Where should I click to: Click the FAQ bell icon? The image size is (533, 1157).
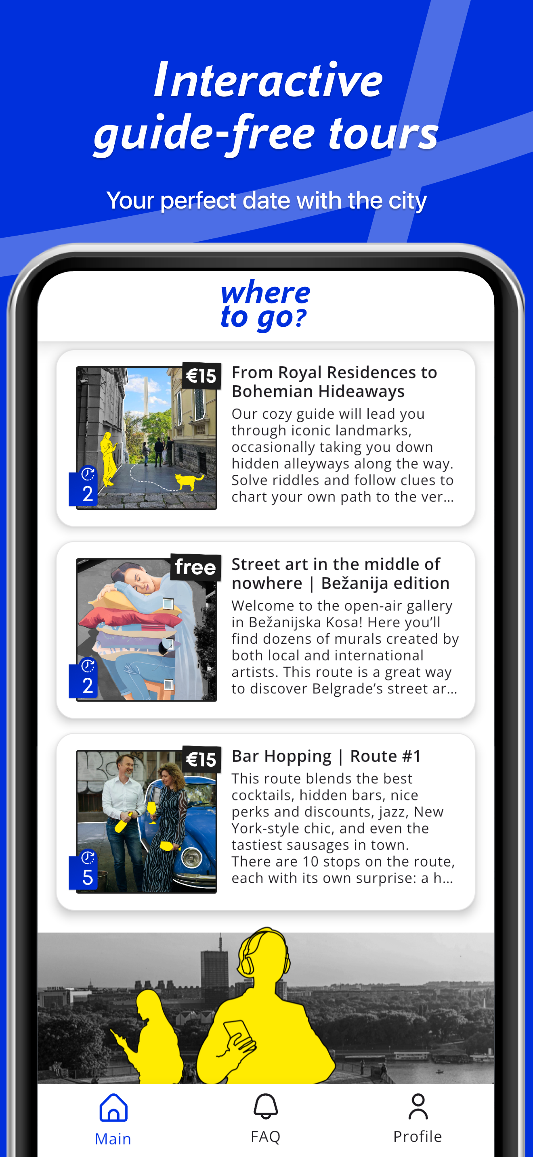266,1106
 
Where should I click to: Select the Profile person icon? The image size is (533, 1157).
418,1106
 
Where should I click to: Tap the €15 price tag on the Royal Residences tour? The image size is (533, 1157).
201,376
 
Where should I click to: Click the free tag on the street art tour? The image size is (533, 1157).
195,567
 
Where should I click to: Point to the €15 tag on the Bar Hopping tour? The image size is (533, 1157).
201,759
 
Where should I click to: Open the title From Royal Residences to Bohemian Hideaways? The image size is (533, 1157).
334,382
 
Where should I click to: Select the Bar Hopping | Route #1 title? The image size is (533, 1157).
326,756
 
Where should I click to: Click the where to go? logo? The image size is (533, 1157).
265,305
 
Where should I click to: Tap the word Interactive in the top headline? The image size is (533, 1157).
268,80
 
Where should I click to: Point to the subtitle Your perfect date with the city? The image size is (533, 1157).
266,200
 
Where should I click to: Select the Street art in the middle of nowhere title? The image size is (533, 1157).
340,574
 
